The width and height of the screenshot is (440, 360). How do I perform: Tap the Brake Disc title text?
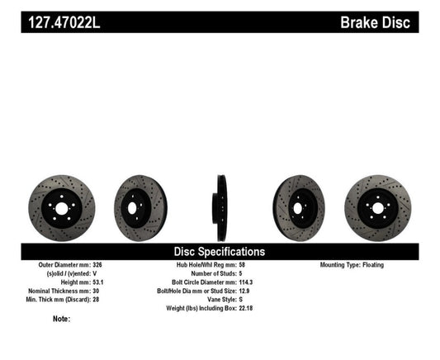376,21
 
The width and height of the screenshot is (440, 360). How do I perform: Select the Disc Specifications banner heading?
219,251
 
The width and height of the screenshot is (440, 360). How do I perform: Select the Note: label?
61,319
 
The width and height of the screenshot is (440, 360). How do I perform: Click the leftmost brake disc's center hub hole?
61,207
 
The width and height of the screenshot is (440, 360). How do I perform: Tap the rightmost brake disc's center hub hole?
378,207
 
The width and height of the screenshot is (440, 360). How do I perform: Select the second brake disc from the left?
140,207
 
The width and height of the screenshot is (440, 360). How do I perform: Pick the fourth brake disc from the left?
299,207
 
